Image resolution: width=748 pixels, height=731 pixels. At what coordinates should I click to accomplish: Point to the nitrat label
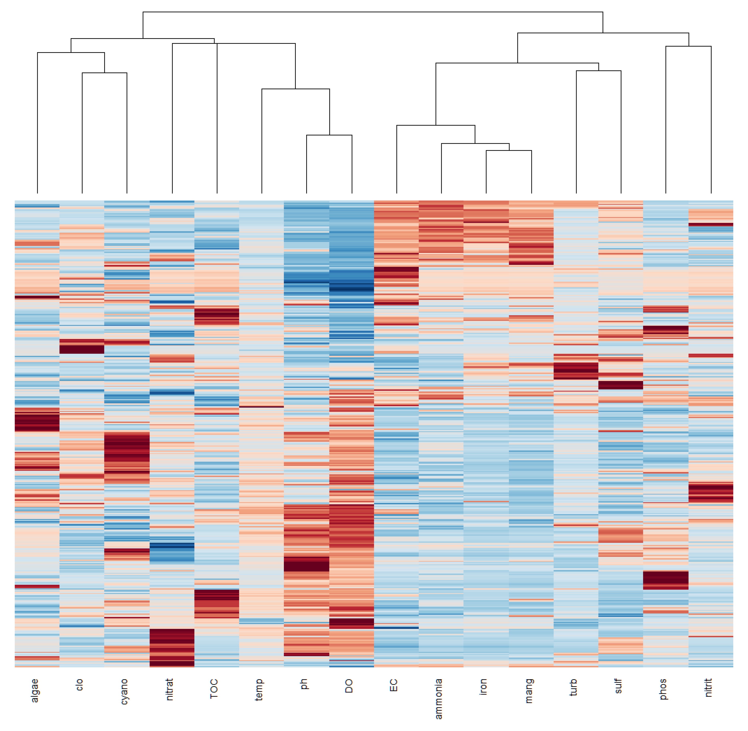click(169, 689)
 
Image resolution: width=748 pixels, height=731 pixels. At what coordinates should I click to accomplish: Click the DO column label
click(348, 686)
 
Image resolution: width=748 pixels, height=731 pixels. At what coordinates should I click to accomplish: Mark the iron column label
click(483, 686)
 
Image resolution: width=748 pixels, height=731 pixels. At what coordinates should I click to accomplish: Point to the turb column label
click(573, 687)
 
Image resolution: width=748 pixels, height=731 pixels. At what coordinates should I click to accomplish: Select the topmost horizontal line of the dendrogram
click(372, 12)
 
